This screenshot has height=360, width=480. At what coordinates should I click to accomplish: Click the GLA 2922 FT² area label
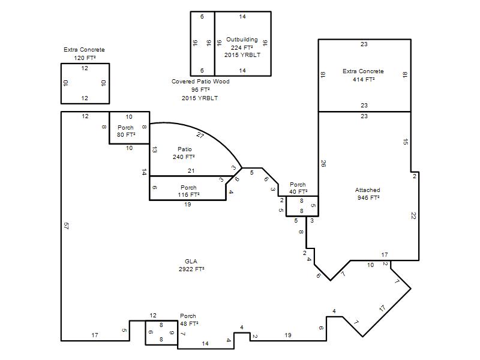pyautogui.click(x=191, y=265)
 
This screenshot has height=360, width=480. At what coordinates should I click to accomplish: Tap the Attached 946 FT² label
pyautogui.click(x=368, y=194)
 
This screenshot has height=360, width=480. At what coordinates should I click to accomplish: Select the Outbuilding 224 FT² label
pyautogui.click(x=242, y=43)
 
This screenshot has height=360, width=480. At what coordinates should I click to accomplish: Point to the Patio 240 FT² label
pyautogui.click(x=184, y=153)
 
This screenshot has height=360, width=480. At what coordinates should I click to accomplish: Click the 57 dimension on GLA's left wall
pyautogui.click(x=66, y=226)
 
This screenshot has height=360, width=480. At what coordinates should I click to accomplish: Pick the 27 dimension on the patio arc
pyautogui.click(x=200, y=134)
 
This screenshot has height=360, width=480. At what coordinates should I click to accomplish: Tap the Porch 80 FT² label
pyautogui.click(x=126, y=131)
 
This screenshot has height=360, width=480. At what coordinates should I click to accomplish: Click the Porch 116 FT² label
pyautogui.click(x=188, y=191)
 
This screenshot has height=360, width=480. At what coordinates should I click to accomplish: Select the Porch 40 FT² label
pyautogui.click(x=298, y=188)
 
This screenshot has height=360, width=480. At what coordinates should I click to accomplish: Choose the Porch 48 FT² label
pyautogui.click(x=189, y=320)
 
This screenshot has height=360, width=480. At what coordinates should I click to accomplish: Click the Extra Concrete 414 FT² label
pyautogui.click(x=363, y=76)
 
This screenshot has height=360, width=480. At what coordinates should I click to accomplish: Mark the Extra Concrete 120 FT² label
pyautogui.click(x=84, y=53)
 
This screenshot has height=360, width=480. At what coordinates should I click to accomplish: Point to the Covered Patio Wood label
pyautogui.click(x=200, y=82)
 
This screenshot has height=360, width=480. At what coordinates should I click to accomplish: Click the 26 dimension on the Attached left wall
pyautogui.click(x=323, y=163)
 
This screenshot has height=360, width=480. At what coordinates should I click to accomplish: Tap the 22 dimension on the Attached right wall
pyautogui.click(x=413, y=216)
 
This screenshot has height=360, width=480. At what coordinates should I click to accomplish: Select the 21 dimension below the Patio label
pyautogui.click(x=191, y=171)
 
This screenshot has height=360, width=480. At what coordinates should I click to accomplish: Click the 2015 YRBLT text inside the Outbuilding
pyautogui.click(x=242, y=55)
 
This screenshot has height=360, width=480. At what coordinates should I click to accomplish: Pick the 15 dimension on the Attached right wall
pyautogui.click(x=406, y=142)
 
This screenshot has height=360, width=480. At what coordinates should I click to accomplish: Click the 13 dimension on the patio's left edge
pyautogui.click(x=155, y=149)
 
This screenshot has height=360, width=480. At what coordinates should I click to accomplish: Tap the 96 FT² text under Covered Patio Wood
pyautogui.click(x=200, y=89)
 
